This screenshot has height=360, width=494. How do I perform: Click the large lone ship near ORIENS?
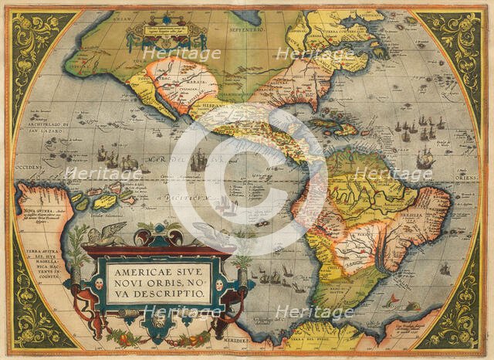(425, 159)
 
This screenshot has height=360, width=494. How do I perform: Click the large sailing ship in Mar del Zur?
(199, 160)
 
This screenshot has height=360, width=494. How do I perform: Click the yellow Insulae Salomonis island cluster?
(104, 199)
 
